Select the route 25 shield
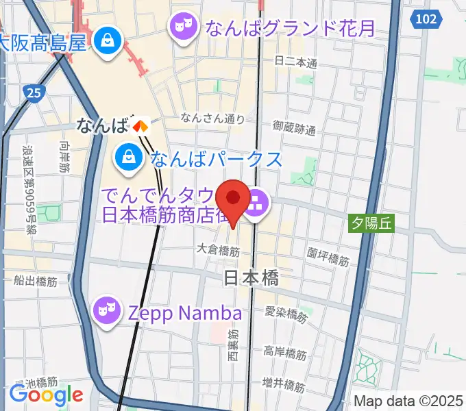(x=32, y=91)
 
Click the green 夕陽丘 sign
(x=373, y=222)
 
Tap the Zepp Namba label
(x=185, y=313)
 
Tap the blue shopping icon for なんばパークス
(x=128, y=158)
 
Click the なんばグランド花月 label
(x=291, y=28)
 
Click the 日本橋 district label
(x=252, y=277)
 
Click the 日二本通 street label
(x=296, y=62)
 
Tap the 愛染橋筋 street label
(x=286, y=316)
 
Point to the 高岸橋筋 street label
(x=285, y=353)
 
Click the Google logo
(x=46, y=395)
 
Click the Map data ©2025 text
(x=408, y=401)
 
